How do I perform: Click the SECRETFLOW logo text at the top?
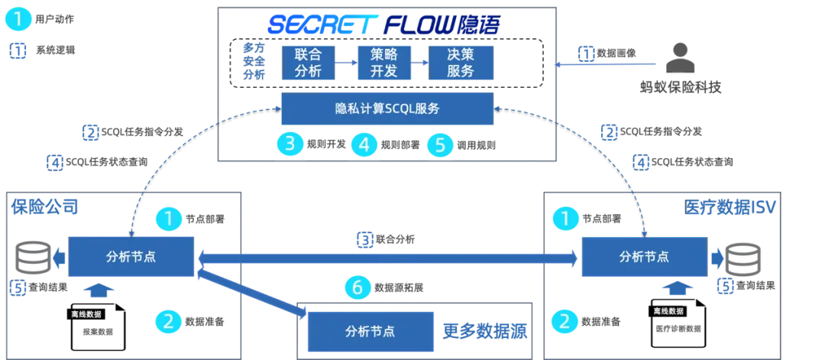[383, 24]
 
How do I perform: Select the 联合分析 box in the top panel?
[308, 62]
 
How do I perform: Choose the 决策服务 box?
[461, 62]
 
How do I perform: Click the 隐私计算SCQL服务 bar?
[387, 109]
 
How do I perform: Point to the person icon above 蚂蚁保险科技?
[680, 58]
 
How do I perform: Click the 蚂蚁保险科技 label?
[680, 87]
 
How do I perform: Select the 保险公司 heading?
[44, 206]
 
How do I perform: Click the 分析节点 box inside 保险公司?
[131, 257]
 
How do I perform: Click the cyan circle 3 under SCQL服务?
[290, 144]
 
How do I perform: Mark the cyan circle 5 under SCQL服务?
[440, 144]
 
